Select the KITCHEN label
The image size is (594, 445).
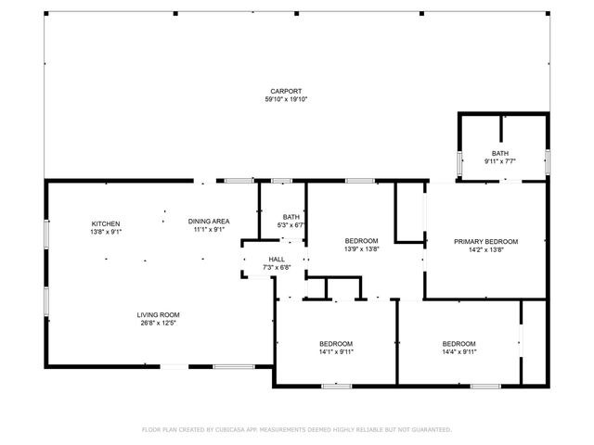(x=105, y=224)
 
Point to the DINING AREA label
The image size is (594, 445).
(x=209, y=221)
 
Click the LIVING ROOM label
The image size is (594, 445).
(x=158, y=314)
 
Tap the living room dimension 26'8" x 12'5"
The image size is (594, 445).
(x=158, y=323)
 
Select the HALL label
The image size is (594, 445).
(x=277, y=260)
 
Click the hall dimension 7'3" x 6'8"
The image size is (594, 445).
(x=277, y=268)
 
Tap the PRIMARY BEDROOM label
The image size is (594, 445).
(x=485, y=241)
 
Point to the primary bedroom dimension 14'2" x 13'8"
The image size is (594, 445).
(x=485, y=249)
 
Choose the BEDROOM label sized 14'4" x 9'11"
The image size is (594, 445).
(x=458, y=343)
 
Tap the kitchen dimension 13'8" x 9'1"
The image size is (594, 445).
(x=105, y=232)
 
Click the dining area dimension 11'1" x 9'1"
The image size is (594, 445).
(x=209, y=229)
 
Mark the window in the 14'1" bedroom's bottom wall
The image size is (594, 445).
(x=335, y=385)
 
